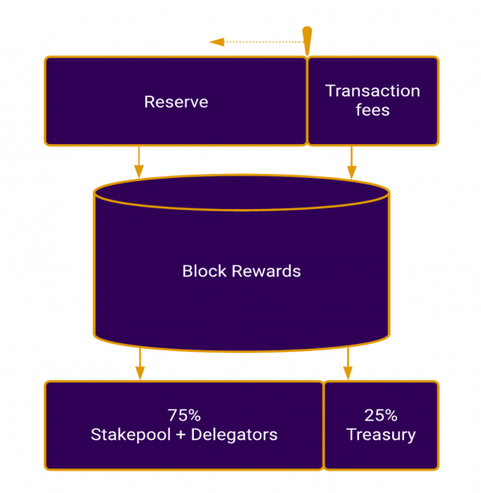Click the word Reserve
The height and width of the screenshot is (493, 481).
[176, 102]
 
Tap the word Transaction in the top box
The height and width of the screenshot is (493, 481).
[372, 91]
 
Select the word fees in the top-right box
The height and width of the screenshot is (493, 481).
[373, 111]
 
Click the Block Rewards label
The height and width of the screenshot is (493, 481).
[241, 271]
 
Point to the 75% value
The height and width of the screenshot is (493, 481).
[184, 415]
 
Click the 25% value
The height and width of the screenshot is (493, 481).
[381, 415]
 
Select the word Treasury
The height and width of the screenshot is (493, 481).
[381, 435]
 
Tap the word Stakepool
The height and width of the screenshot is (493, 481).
[125, 435]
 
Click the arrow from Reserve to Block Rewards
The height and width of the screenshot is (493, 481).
[139, 161]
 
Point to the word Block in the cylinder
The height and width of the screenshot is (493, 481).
[203, 271]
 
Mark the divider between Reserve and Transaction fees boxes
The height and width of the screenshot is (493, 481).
[307, 101]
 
